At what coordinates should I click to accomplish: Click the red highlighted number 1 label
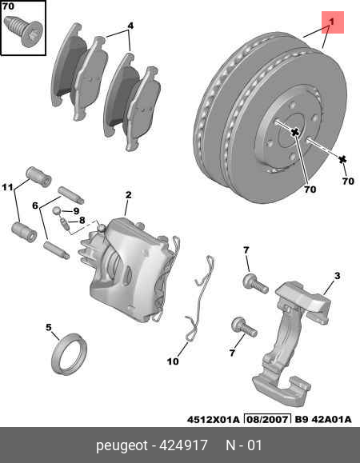pyautogui.click(x=332, y=22)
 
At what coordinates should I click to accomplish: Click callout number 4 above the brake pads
pyautogui.click(x=130, y=26)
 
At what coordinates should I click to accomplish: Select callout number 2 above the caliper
pyautogui.click(x=128, y=195)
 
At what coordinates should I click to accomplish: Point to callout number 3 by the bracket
pyautogui.click(x=337, y=277)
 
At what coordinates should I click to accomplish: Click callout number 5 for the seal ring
pyautogui.click(x=48, y=327)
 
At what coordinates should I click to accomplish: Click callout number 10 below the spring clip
pyautogui.click(x=173, y=361)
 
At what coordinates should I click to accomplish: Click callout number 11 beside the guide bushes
pyautogui.click(x=8, y=188)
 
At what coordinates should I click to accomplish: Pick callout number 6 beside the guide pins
pyautogui.click(x=35, y=205)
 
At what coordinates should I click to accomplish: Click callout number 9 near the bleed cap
pyautogui.click(x=76, y=211)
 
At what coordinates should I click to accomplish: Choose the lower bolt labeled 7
pyautogui.click(x=239, y=325)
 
